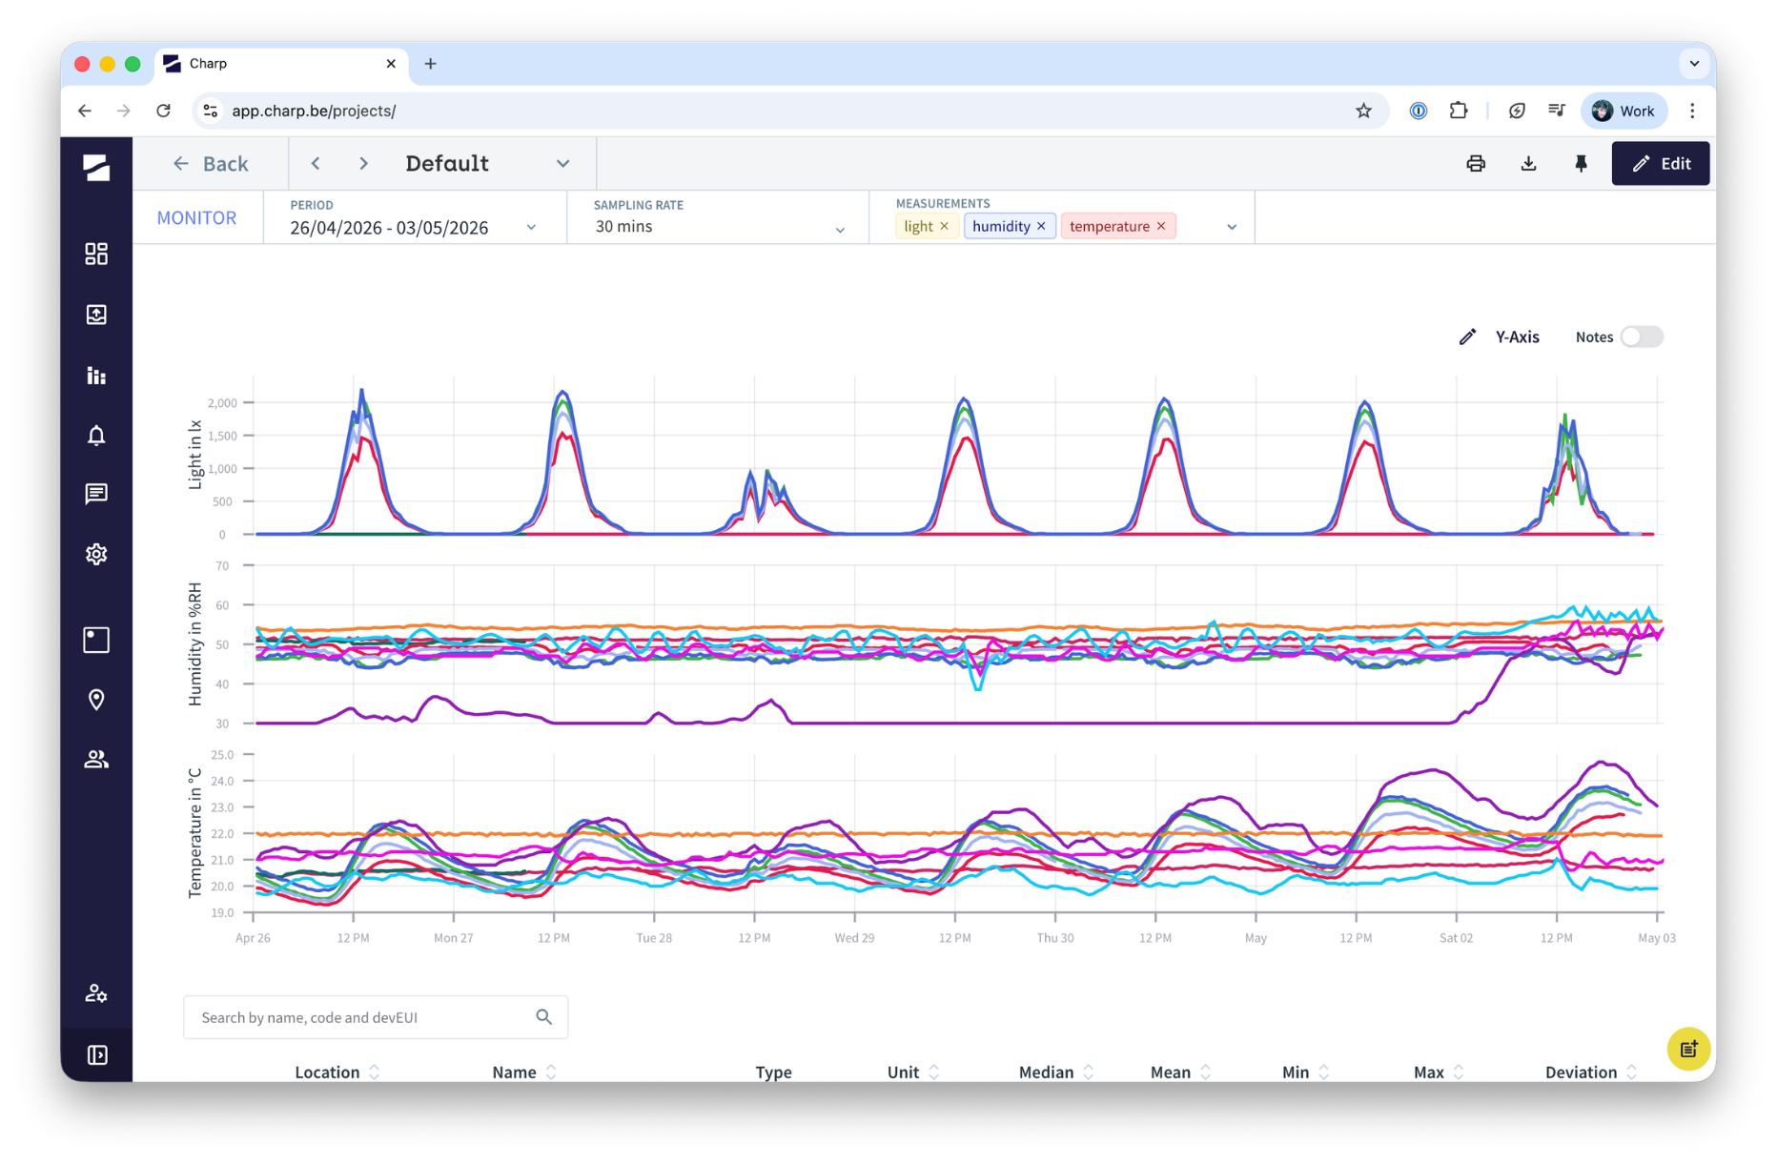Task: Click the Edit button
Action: coord(1660,163)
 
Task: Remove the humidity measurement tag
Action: coord(1041,226)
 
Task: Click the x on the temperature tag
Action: coord(1161,226)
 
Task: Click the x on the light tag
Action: coord(944,226)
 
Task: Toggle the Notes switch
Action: coord(1642,337)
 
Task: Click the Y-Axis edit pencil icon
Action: coord(1467,337)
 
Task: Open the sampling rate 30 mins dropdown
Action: coord(719,227)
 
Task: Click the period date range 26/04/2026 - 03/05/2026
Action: coord(389,228)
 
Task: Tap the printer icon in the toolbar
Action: coord(1476,163)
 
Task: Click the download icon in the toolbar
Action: coord(1528,163)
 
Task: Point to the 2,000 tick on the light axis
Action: coord(222,403)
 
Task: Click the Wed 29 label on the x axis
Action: coord(854,938)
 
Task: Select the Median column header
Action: coord(1046,1072)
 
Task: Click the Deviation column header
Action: coord(1581,1072)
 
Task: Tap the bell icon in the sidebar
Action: coord(96,436)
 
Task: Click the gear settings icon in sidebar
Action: coord(96,554)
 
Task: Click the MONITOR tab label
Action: coord(196,217)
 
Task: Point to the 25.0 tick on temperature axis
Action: coord(222,755)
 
